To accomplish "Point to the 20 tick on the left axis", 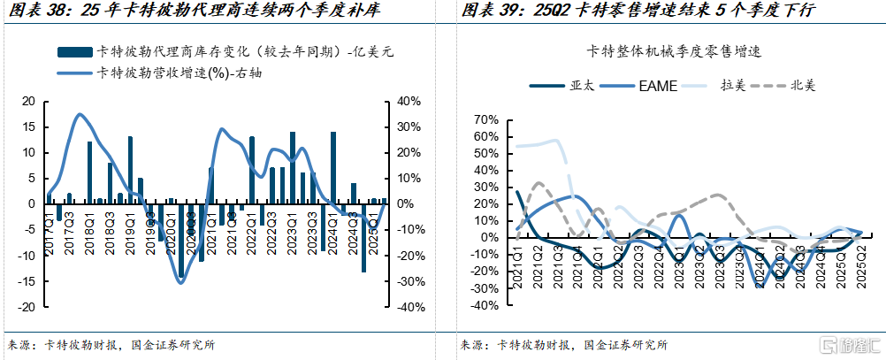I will click(x=27, y=101).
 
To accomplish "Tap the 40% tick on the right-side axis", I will click(x=407, y=101).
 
